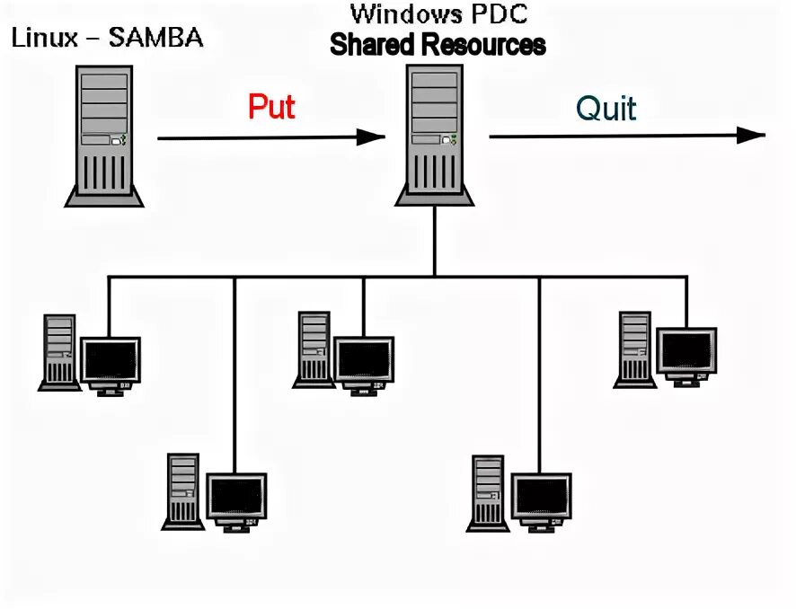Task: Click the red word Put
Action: pyautogui.click(x=271, y=107)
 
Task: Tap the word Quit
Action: pyautogui.click(x=606, y=108)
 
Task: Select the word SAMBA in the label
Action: pyautogui.click(x=155, y=38)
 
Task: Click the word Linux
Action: pyautogui.click(x=45, y=38)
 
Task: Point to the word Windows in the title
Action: pyautogui.click(x=404, y=13)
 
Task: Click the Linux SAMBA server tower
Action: pyautogui.click(x=104, y=136)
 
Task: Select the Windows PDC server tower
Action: pyautogui.click(x=435, y=135)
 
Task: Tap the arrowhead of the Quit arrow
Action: pyautogui.click(x=751, y=135)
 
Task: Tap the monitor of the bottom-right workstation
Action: pyautogui.click(x=541, y=502)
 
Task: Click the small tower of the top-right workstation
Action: pyautogui.click(x=634, y=350)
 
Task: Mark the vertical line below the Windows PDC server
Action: pyautogui.click(x=435, y=242)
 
